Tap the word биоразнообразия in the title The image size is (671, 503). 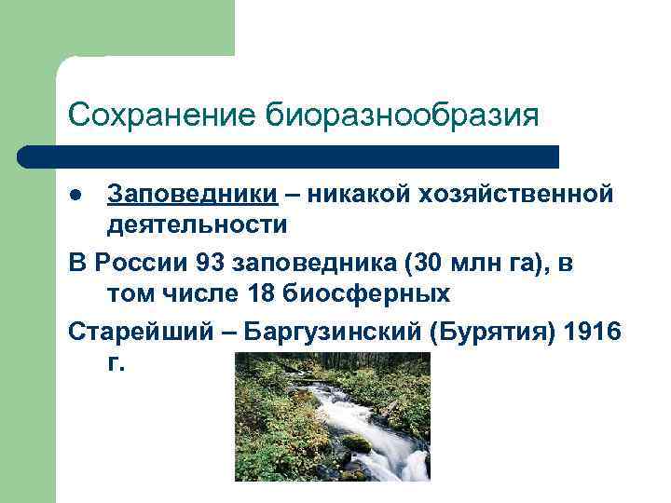403,116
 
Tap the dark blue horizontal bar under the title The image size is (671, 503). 289,156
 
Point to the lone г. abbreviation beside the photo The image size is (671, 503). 115,363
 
